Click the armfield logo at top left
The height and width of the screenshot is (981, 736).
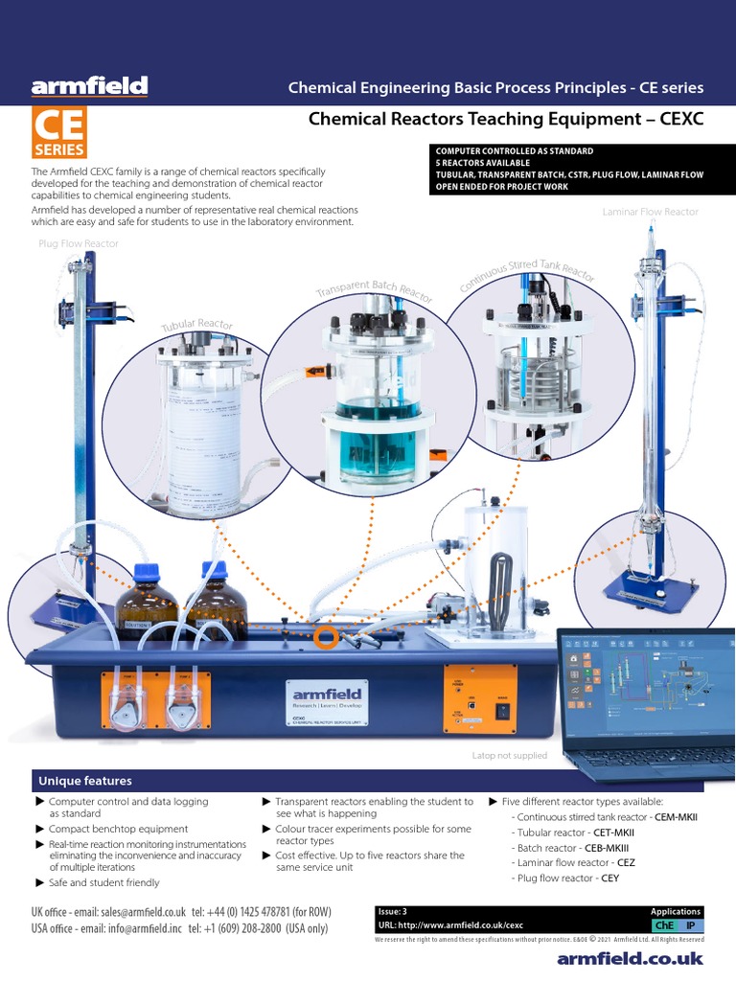click(x=89, y=87)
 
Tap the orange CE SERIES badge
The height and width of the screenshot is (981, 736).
click(x=59, y=133)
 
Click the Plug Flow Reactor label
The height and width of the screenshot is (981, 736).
click(x=79, y=244)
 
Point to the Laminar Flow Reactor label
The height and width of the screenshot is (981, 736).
click(x=650, y=212)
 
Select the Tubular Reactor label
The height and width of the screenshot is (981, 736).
click(x=196, y=327)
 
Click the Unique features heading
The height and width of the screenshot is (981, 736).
click(x=85, y=781)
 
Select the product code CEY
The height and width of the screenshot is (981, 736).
click(x=609, y=878)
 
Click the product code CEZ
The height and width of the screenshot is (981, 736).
click(x=626, y=863)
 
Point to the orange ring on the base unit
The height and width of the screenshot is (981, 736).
click(x=326, y=637)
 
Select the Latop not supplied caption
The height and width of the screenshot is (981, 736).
click(x=509, y=756)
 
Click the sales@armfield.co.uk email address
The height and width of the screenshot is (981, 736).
click(x=143, y=913)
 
